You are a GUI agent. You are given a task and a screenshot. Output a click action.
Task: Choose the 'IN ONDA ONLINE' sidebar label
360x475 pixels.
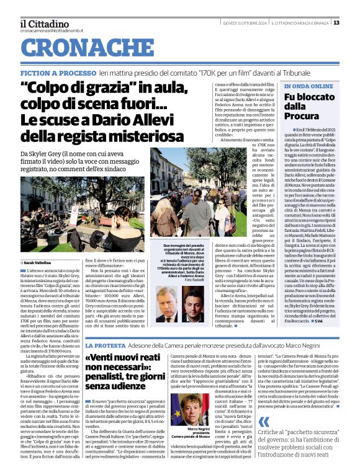pyautogui.click(x=308, y=86)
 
